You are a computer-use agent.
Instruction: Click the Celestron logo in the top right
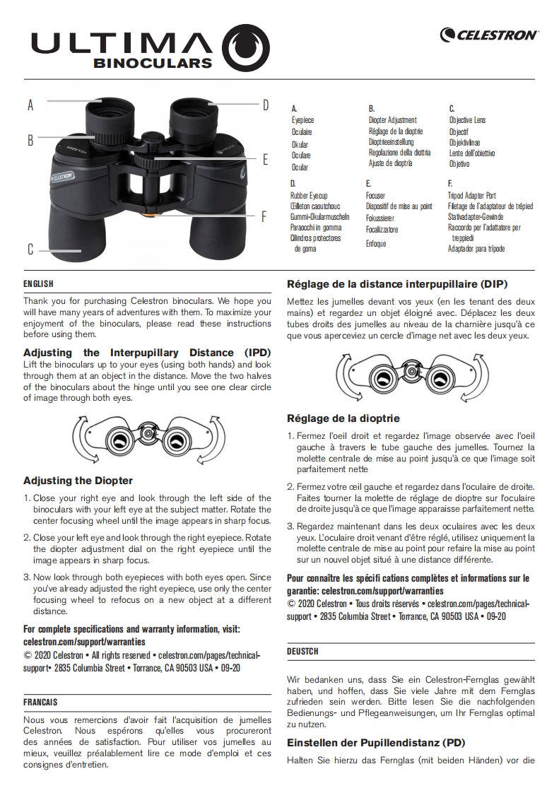(489, 35)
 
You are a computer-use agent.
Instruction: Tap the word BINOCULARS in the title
(153, 62)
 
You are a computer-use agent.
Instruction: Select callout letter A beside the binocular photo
(30, 105)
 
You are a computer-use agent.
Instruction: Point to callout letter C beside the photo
(30, 249)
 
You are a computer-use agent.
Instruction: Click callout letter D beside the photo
(266, 105)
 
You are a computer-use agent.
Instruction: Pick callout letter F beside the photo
(264, 216)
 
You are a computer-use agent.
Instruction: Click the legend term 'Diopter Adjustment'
(392, 120)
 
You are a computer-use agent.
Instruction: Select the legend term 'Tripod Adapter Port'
(471, 195)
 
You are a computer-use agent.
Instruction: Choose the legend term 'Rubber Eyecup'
(309, 195)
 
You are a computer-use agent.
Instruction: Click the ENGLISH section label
(38, 284)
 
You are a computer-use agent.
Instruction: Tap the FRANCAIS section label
(40, 703)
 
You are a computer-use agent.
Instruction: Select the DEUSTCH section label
(302, 651)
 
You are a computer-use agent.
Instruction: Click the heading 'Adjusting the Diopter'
(78, 481)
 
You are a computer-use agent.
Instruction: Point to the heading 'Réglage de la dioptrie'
(343, 418)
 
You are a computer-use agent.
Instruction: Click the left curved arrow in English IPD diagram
(78, 438)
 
